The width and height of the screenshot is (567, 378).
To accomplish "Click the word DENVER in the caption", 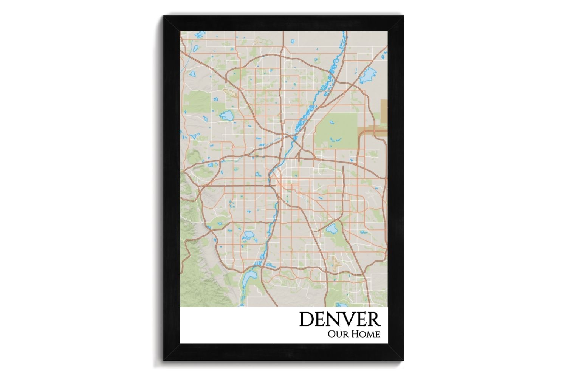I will [x=339, y=319].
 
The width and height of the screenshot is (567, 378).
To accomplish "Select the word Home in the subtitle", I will [x=366, y=335].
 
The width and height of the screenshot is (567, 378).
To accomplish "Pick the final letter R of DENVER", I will [x=373, y=319].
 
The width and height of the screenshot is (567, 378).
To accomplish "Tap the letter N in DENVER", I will [x=333, y=319].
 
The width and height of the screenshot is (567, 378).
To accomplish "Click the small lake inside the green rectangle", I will [x=332, y=122].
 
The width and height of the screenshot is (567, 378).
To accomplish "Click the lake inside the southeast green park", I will [x=332, y=229].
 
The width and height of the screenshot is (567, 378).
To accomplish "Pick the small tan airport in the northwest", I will [x=230, y=92].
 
